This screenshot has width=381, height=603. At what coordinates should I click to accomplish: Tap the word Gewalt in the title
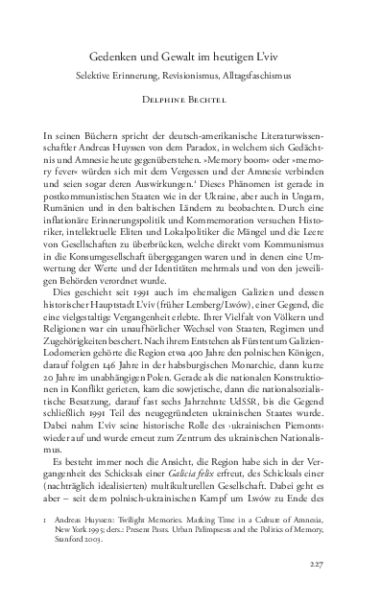(x=192, y=57)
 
